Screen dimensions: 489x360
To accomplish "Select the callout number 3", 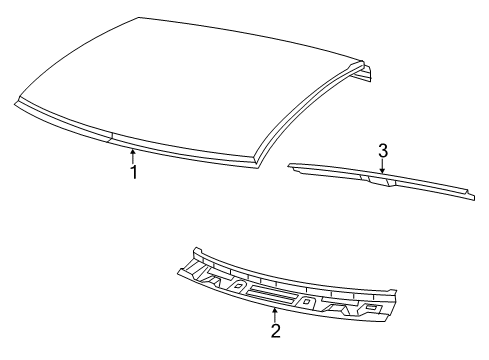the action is (382, 151).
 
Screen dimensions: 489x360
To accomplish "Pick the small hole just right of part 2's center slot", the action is (310, 301).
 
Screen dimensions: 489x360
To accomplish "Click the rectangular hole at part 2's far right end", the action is (371, 308).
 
